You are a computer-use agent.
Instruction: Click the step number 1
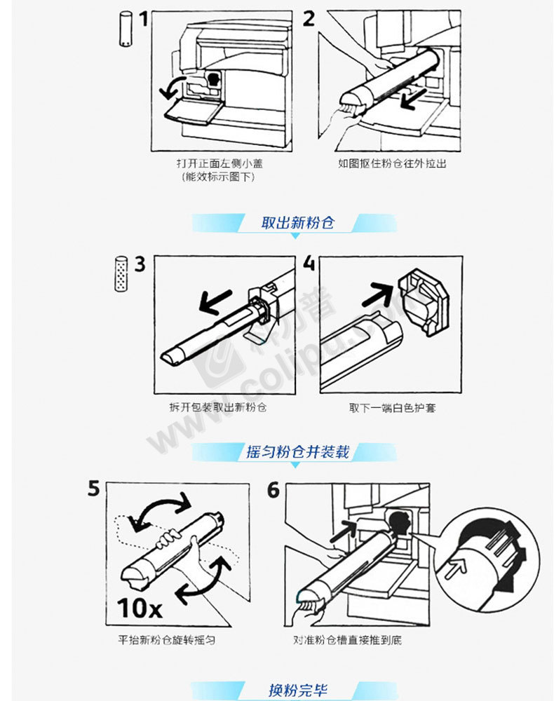(x=143, y=19)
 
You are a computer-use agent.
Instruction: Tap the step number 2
(x=309, y=18)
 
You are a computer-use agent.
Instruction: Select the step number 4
(x=309, y=263)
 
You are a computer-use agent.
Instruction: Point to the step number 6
(x=273, y=490)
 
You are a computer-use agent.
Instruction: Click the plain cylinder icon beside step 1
(x=126, y=29)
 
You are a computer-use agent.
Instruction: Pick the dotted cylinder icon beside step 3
(x=121, y=273)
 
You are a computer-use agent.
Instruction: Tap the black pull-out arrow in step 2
(x=413, y=99)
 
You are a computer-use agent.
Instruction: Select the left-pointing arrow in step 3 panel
(x=215, y=301)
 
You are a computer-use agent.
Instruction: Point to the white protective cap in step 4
(x=424, y=301)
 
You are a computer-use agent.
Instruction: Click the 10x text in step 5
(x=140, y=608)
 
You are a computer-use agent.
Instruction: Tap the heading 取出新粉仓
(x=297, y=223)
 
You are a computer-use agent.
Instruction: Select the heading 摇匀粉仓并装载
(x=297, y=451)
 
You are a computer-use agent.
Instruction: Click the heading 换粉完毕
(x=298, y=690)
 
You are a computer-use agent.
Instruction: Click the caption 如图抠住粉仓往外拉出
(x=392, y=163)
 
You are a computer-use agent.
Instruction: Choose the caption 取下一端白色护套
(x=392, y=408)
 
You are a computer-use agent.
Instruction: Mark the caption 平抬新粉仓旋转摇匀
(x=166, y=640)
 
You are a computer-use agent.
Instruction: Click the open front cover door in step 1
(x=194, y=111)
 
